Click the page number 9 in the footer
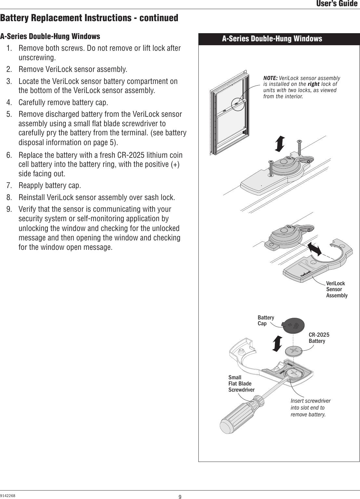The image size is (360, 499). pyautogui.click(x=180, y=496)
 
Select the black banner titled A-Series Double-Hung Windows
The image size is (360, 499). pyautogui.click(x=272, y=39)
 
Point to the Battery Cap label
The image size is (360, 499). pyautogui.click(x=266, y=320)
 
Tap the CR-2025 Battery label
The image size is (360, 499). pyautogui.click(x=319, y=338)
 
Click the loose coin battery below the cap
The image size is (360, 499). pyautogui.click(x=294, y=351)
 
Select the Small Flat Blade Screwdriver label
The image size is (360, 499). pyautogui.click(x=241, y=384)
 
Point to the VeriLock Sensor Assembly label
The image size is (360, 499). pyautogui.click(x=336, y=289)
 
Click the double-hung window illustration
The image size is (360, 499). pyautogui.click(x=230, y=112)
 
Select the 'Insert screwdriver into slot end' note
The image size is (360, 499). pyautogui.click(x=310, y=408)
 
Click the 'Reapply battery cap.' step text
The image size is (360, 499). pyautogui.click(x=50, y=186)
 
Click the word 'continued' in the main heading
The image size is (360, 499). pyautogui.click(x=158, y=18)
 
